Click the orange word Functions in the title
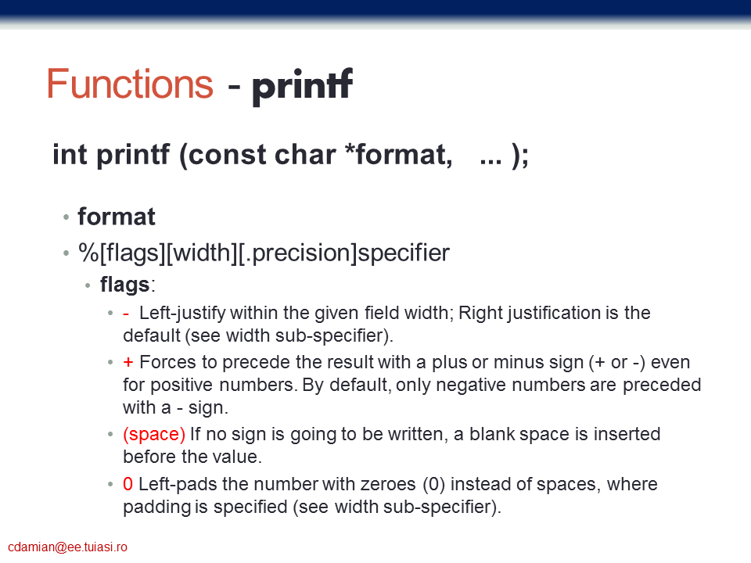[130, 84]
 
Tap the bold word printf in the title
[303, 85]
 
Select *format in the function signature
[398, 155]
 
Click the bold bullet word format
[117, 217]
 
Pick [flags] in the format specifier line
[132, 253]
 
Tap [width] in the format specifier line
[202, 253]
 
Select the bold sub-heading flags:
[128, 285]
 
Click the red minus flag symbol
[126, 314]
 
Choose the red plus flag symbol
[128, 362]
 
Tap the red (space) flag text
[154, 435]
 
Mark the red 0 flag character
[128, 484]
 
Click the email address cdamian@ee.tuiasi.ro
[67, 547]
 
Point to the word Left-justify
[182, 314]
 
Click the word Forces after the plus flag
[167, 362]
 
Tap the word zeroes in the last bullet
[388, 485]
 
